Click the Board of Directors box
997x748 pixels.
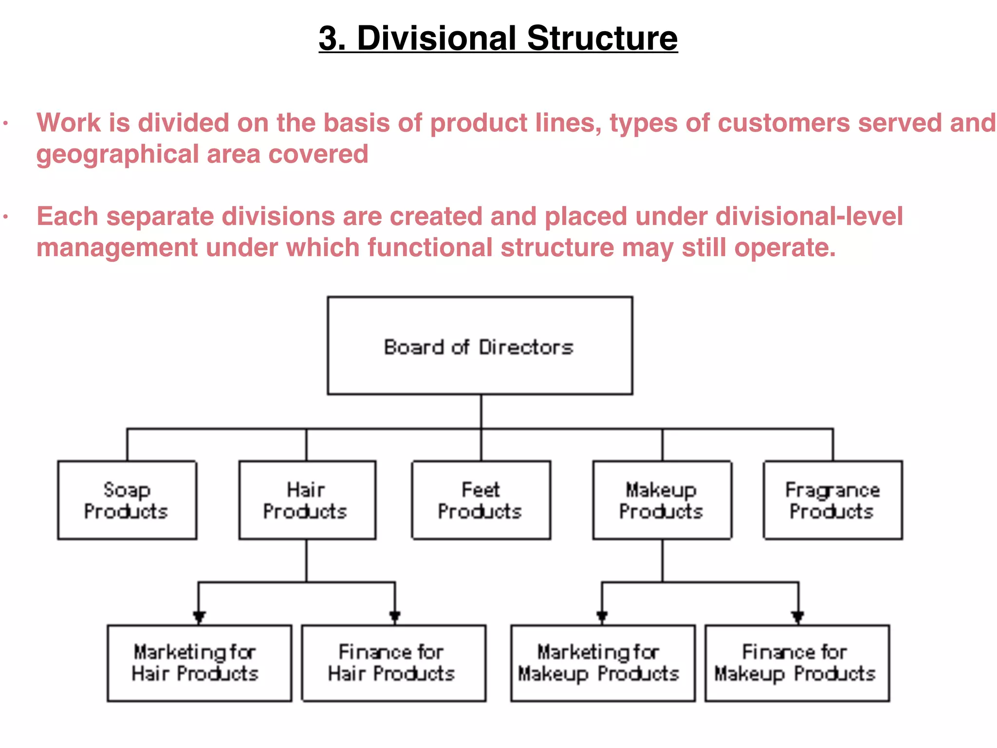[480, 346]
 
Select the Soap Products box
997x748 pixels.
[127, 500]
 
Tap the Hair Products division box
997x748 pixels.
[307, 500]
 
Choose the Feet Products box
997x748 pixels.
[481, 500]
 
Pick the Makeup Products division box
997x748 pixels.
[662, 500]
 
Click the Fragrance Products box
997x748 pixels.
[832, 500]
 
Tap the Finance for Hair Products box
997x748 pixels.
[393, 663]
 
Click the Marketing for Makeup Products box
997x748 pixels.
[602, 663]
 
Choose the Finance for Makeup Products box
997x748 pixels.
[796, 663]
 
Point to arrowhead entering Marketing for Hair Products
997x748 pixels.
[199, 617]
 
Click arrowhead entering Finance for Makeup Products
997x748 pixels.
[797, 617]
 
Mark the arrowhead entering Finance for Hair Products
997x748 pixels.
[395, 617]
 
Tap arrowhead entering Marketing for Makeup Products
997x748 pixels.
[602, 617]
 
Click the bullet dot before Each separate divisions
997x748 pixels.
[5, 217]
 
